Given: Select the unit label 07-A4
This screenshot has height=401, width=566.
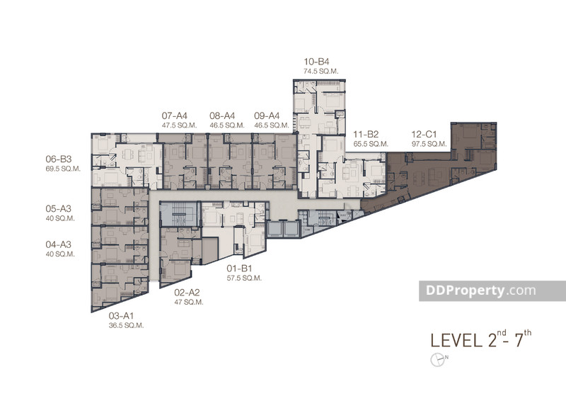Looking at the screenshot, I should [x=174, y=115].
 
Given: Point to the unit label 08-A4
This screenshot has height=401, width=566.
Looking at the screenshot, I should [x=222, y=115].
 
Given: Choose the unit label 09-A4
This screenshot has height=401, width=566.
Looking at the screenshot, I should [x=267, y=115].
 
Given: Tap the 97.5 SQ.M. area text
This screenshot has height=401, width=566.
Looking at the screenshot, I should [x=429, y=143].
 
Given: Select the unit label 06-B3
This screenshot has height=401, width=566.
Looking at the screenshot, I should [x=60, y=159].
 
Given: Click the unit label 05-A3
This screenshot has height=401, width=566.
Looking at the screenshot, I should [x=60, y=209].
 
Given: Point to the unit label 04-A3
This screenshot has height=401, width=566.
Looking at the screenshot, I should [x=60, y=244].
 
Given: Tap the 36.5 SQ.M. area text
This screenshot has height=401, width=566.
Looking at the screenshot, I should [x=126, y=325].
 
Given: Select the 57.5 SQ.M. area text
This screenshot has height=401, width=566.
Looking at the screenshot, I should [x=244, y=278].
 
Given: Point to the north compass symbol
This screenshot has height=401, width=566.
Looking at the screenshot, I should [x=437, y=359].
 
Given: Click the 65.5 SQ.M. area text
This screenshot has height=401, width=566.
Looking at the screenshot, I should [x=371, y=143].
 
